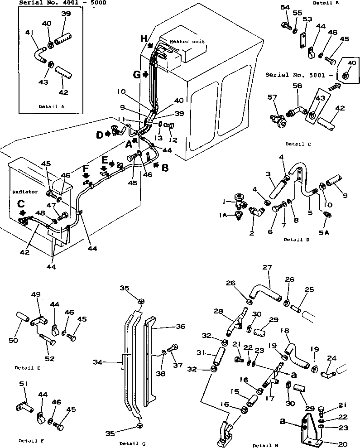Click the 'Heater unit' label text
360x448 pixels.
(187, 41)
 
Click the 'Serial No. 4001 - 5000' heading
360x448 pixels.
(57, 3)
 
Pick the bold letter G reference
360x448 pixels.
(137, 74)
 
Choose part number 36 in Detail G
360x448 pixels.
(168, 326)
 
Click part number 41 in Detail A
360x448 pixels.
(30, 33)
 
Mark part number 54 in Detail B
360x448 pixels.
(284, 8)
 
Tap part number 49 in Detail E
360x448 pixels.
(36, 295)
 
